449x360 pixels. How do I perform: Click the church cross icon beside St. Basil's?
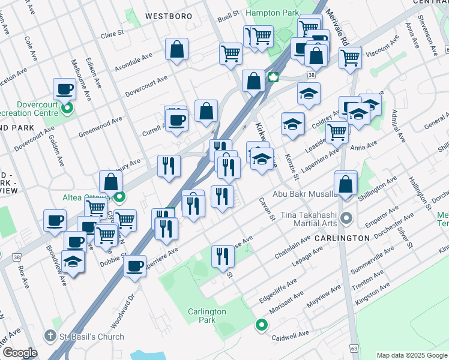coord(52,336)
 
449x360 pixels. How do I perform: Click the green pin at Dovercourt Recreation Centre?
coord(68,109)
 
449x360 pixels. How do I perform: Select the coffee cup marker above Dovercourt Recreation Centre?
coord(64,90)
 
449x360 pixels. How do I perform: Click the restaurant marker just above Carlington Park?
coord(223,256)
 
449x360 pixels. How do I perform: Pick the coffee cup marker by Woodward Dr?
coord(134,265)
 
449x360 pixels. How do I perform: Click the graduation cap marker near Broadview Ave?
coord(73,262)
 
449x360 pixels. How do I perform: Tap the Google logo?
coord(20,353)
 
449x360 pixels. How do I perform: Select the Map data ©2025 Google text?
coord(411,355)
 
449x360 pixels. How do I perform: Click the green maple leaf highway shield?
coord(274,76)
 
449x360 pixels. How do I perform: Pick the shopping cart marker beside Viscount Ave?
coord(350,58)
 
